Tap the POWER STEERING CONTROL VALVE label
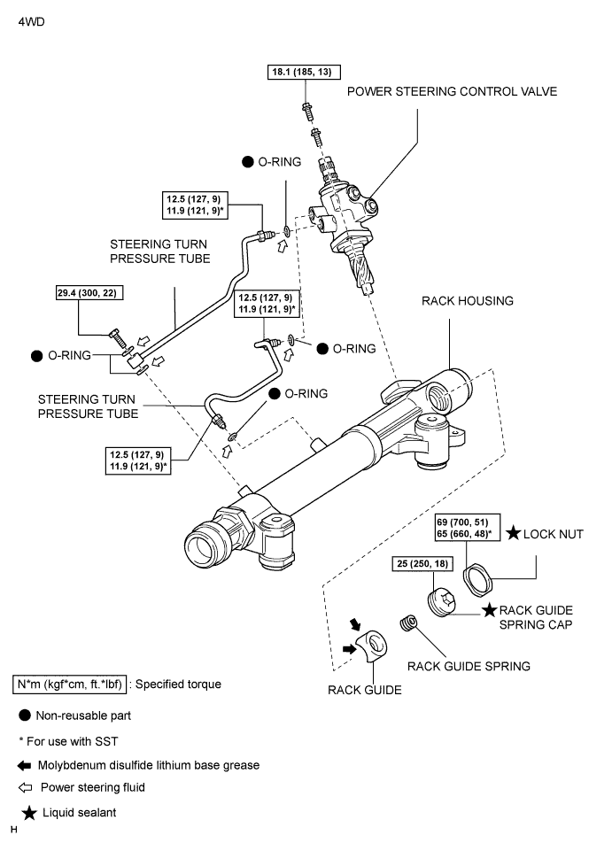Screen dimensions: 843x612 pos(452,91)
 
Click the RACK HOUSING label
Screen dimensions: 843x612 pos(468,301)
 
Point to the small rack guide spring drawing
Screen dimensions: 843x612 pos(408,623)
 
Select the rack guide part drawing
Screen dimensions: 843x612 pos(373,647)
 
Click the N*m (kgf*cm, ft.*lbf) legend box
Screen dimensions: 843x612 pos(72,684)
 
